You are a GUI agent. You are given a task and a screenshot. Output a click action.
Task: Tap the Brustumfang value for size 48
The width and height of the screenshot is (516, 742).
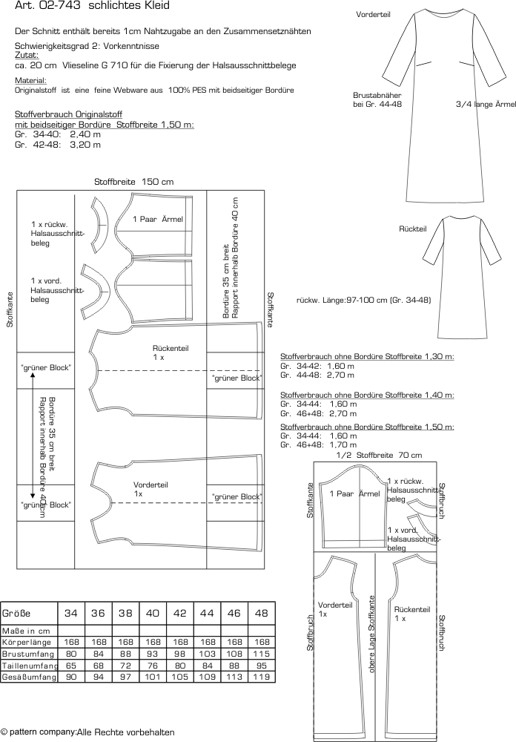pyautogui.click(x=261, y=654)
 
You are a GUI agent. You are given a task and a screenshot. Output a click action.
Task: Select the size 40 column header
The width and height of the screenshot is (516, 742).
pyautogui.click(x=152, y=614)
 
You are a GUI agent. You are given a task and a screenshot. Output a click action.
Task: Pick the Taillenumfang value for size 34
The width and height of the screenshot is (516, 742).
pyautogui.click(x=71, y=666)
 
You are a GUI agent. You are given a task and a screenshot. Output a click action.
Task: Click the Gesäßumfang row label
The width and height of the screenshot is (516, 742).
pyautogui.click(x=30, y=677)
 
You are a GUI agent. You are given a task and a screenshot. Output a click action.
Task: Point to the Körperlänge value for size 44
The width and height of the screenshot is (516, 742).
pyautogui.click(x=207, y=642)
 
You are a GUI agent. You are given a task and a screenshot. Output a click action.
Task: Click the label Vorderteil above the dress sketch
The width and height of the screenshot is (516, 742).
pyautogui.click(x=373, y=15)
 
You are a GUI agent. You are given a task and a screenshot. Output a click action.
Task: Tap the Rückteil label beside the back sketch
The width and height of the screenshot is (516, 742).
pyautogui.click(x=413, y=229)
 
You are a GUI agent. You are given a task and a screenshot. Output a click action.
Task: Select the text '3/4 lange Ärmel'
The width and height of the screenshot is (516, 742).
pyautogui.click(x=486, y=105)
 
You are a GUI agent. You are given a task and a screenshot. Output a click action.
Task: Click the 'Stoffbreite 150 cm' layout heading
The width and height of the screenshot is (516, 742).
pyautogui.click(x=134, y=182)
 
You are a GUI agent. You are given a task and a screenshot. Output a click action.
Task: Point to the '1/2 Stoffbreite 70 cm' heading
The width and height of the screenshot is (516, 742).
pyautogui.click(x=379, y=456)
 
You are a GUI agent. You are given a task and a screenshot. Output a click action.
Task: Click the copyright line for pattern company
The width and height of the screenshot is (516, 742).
pyautogui.click(x=88, y=732)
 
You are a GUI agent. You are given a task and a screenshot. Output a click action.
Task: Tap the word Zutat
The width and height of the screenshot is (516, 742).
pyautogui.click(x=27, y=56)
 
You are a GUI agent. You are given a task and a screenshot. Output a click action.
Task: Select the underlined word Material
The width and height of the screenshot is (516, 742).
pyautogui.click(x=30, y=80)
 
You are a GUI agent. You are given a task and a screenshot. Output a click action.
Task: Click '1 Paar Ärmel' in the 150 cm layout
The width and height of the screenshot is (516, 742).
pyautogui.click(x=157, y=219)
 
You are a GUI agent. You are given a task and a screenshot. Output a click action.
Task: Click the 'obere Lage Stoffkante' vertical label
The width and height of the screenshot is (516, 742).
pyautogui.click(x=371, y=634)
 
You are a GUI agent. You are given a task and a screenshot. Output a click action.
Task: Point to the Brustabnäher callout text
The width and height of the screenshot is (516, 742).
pyautogui.click(x=377, y=100)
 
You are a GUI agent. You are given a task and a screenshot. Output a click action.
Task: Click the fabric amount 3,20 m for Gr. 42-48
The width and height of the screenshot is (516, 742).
pyautogui.click(x=85, y=145)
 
